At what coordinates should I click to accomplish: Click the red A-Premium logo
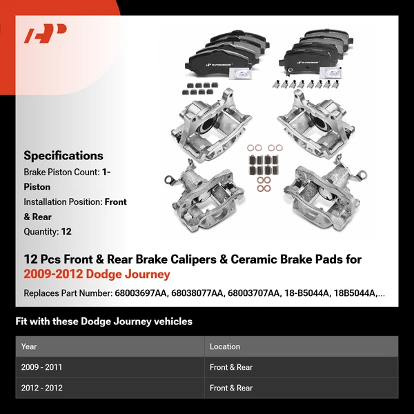click(46, 34)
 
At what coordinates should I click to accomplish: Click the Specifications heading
click(63, 155)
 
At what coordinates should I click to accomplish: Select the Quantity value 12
click(66, 232)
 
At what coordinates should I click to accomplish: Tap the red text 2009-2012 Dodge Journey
click(97, 275)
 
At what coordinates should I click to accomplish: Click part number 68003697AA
click(140, 293)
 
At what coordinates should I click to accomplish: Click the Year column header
click(29, 346)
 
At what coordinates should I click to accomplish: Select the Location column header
click(225, 346)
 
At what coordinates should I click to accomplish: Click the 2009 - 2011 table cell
click(42, 367)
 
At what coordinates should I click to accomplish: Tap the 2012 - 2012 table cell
click(42, 388)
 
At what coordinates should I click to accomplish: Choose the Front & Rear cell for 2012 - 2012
click(231, 388)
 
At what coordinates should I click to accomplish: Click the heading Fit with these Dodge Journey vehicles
click(103, 322)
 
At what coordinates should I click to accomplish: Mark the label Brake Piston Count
click(60, 172)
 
